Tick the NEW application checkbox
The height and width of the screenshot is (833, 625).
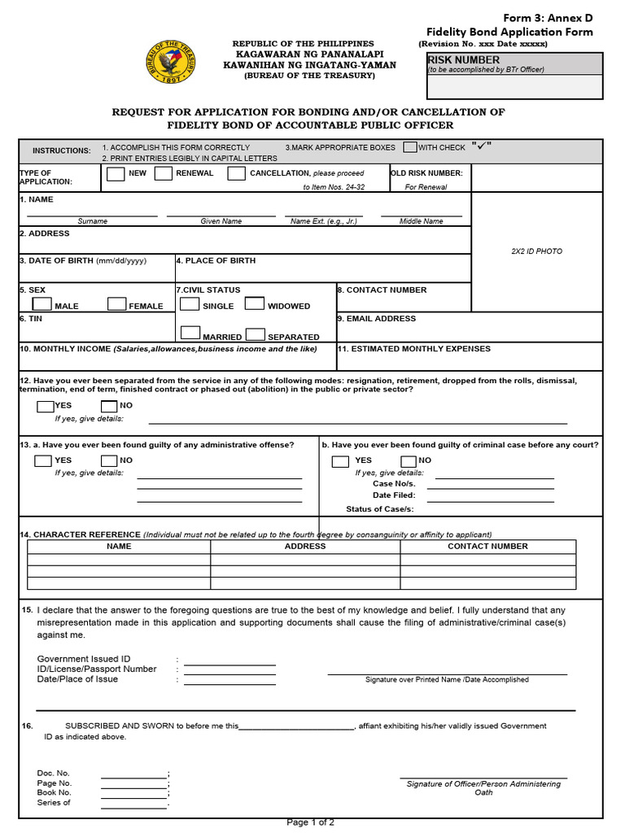116,173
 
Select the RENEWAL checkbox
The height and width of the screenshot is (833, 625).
164,173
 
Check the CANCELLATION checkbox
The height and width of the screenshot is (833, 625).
236,173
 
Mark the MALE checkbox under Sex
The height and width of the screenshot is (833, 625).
42,304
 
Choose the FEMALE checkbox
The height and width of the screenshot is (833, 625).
117,304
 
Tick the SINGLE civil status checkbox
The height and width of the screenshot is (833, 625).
190,304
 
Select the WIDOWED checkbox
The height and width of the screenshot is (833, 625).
255,304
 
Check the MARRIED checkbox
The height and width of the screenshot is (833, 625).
190,334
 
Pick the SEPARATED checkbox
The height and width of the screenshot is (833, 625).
255,334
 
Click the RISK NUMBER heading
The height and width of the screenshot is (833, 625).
464,60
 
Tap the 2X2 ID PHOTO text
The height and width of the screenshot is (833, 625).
536,251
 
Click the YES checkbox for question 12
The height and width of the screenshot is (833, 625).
45,406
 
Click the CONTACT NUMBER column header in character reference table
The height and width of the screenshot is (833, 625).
487,547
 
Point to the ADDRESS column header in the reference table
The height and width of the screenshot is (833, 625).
305,547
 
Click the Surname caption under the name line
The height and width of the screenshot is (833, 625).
92,221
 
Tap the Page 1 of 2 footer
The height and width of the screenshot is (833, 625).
310,822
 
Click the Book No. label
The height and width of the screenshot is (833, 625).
55,792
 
